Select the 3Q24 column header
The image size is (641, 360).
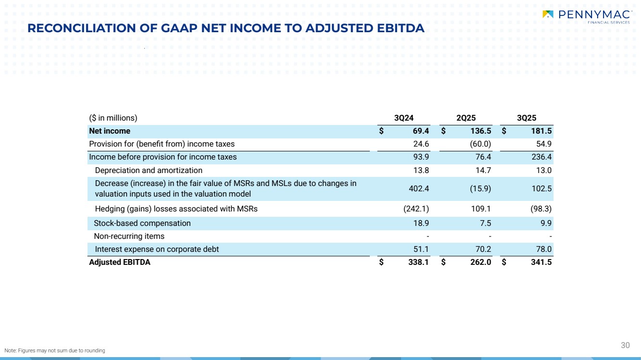coord(404,118)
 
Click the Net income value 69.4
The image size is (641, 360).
coord(420,131)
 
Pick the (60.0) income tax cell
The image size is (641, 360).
coord(480,144)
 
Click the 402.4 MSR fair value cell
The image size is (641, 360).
coord(419,188)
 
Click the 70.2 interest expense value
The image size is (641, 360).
coord(482,249)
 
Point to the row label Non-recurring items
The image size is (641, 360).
coord(129,236)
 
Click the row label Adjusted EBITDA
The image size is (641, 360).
coord(120,262)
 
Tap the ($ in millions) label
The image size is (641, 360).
coord(113,118)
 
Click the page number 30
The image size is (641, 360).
coord(625,345)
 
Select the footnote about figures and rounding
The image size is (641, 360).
coord(54,350)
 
